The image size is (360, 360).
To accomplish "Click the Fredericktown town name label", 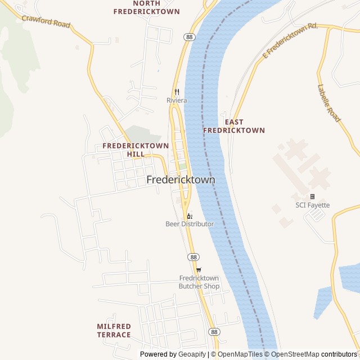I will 181,180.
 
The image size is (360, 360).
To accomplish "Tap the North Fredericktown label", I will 146,7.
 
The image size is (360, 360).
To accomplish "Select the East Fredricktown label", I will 233,126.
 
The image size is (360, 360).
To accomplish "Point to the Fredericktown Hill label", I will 136,150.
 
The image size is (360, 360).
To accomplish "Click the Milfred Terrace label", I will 114,331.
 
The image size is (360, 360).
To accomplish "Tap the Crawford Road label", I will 46,21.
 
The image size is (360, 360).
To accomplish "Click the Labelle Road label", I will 329,103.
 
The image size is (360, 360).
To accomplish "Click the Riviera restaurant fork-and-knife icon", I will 177,92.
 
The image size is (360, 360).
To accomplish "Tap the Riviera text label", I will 177,101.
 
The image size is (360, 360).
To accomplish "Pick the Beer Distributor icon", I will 190,215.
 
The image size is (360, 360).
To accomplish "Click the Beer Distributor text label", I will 190,224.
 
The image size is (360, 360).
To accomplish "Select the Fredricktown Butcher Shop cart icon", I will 199,269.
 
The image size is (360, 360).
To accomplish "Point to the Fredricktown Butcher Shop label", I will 199,282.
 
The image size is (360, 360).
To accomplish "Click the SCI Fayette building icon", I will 313,196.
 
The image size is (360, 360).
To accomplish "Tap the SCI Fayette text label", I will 313,205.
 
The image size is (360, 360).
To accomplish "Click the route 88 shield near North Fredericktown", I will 189,36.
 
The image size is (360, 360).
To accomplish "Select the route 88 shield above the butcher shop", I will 193,256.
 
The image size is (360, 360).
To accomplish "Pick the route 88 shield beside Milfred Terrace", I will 214,332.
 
